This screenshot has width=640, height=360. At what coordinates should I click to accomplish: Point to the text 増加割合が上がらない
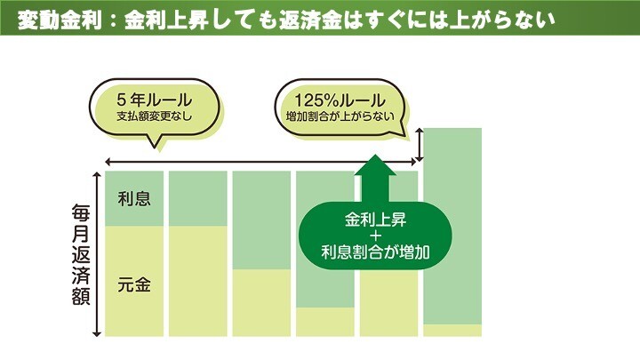click(x=341, y=116)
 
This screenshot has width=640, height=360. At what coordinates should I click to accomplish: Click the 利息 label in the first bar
click(x=134, y=198)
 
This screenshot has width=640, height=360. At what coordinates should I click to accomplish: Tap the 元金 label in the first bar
click(x=134, y=284)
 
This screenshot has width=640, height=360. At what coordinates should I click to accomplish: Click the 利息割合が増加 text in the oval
click(x=376, y=252)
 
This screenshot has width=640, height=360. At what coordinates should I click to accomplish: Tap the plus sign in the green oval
click(x=376, y=236)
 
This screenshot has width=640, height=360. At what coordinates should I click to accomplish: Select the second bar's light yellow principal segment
click(x=197, y=281)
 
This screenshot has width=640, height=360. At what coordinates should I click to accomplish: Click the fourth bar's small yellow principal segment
click(x=324, y=322)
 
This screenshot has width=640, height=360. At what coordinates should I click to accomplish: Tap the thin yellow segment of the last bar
click(x=452, y=331)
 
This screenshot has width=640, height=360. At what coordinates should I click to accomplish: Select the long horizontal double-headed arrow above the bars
click(x=261, y=161)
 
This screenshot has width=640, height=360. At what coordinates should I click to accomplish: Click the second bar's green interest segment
click(x=197, y=198)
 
